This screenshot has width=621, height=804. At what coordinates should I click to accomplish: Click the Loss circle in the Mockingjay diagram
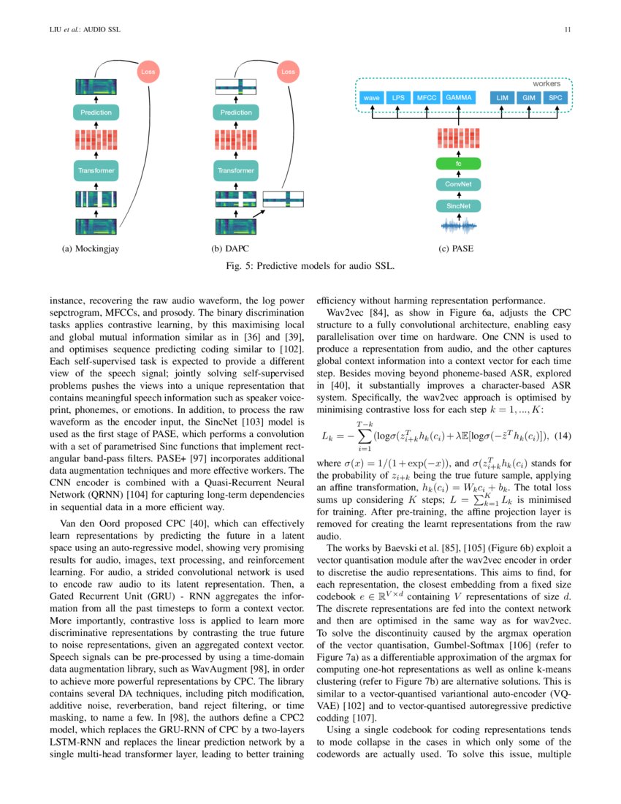(x=147, y=72)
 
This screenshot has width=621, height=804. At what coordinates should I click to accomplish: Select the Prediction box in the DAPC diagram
(x=236, y=113)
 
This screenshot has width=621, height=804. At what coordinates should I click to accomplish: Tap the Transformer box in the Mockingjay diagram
(x=96, y=170)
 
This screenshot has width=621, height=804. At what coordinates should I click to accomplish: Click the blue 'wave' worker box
(x=371, y=97)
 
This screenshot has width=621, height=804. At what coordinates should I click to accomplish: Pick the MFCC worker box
(x=425, y=97)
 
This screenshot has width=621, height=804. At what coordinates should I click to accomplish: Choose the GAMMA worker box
(x=458, y=97)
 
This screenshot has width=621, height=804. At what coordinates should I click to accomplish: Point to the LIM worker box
(x=501, y=97)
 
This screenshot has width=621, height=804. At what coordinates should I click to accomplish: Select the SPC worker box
(x=555, y=97)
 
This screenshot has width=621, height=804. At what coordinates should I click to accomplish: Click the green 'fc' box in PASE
(x=458, y=164)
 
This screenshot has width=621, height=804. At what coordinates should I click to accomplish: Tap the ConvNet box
(x=458, y=185)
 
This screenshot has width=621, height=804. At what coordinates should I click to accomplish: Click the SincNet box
(x=458, y=206)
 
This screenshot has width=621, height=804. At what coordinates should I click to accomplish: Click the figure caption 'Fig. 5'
(x=310, y=266)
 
